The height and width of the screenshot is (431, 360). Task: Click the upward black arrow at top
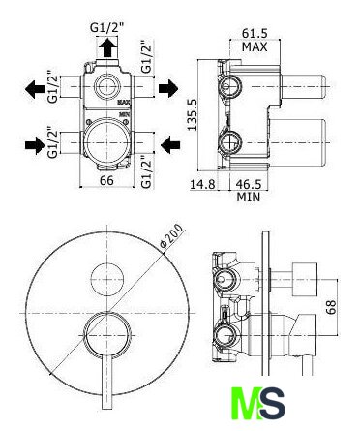pos(107,47)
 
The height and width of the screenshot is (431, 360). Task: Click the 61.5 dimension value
pos(255,33)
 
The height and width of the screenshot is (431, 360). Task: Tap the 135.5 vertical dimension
pos(192,114)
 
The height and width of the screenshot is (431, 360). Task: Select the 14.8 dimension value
pos(202,185)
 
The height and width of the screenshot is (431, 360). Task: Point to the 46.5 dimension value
pos(249,185)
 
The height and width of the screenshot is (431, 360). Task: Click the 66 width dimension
pos(106,180)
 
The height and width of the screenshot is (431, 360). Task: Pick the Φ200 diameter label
pos(172,236)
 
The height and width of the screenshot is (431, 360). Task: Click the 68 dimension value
pos(331,307)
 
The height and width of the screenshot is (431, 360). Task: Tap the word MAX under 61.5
pos(255,47)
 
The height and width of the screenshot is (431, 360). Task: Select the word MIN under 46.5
pos(249,197)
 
